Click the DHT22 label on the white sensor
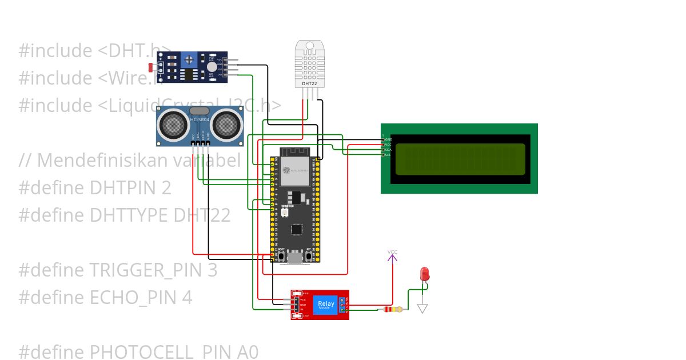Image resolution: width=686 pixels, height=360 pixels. click(x=309, y=83)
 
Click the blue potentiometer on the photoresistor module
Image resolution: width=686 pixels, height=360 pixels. click(x=189, y=58)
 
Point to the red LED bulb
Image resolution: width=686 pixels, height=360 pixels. click(x=424, y=273)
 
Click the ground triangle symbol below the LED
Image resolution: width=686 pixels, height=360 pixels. click(x=422, y=309)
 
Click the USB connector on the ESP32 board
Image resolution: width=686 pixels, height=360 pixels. click(x=296, y=258)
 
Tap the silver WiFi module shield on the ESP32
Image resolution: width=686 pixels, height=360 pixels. click(x=294, y=170)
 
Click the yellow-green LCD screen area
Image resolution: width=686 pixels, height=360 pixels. click(x=460, y=159)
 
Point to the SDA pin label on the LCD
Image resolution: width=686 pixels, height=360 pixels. click(x=388, y=150)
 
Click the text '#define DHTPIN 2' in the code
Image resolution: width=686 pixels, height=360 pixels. click(x=95, y=188)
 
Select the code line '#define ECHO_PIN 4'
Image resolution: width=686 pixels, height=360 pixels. click(x=105, y=297)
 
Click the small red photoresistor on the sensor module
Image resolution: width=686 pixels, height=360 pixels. click(x=151, y=67)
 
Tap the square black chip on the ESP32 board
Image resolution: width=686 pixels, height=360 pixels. click(x=297, y=229)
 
